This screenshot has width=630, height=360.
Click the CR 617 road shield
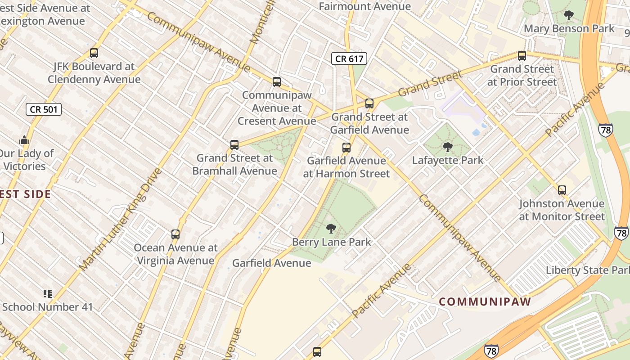pos(349,58)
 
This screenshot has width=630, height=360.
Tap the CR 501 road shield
pos(43,109)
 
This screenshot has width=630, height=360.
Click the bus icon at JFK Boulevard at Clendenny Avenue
pos(94,53)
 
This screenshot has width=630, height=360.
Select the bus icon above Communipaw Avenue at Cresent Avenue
pos(277,82)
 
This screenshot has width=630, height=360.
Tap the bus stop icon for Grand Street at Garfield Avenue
pos(369,103)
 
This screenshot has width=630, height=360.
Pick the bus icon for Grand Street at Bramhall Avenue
pos(234,145)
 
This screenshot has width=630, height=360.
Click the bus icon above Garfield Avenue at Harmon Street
pos(346,148)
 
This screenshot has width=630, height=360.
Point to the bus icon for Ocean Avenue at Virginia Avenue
pos(175,234)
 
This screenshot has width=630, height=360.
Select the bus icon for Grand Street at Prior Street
pos(522,56)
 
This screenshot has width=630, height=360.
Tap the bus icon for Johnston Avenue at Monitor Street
pos(562,190)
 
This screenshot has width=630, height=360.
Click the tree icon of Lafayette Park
pos(448,147)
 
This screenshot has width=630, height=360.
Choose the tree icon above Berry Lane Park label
pos(331,229)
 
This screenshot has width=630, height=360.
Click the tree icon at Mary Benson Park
pos(569,15)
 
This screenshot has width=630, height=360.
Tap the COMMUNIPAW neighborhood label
pos(485,301)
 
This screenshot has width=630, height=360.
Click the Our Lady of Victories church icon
pos(24,140)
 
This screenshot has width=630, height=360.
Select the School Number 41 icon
pos(48,294)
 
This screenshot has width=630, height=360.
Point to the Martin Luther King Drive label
pos(120,220)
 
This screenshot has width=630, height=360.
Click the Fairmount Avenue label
pos(364,6)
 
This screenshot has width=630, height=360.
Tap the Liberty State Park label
pos(587,270)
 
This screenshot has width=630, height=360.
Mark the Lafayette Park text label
pos(448,160)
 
